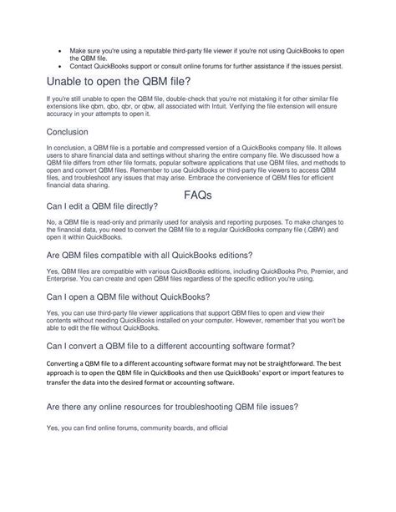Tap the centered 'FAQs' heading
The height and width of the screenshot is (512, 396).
coord(198,196)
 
